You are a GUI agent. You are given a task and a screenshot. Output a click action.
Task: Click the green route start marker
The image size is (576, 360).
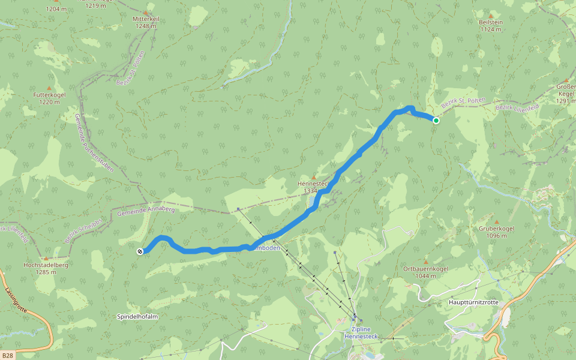click(x=436, y=121)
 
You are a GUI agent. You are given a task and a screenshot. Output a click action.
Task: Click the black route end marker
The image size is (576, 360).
click(x=140, y=251)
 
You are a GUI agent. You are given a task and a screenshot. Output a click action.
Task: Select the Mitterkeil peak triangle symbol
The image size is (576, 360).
click(x=146, y=13)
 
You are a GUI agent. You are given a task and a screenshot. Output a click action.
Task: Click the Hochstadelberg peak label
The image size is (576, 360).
click(x=46, y=268)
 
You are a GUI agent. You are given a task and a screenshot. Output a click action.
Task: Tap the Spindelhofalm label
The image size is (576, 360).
click(x=137, y=316)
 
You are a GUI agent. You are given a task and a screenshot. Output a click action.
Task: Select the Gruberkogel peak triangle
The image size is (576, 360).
click(x=496, y=222)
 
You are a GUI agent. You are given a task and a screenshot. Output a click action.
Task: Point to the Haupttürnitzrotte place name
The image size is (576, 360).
click(x=473, y=302)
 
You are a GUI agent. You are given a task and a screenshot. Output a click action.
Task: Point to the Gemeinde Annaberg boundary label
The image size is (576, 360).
click(x=146, y=211)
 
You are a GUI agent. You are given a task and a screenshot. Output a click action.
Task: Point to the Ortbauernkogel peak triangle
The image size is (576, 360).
click(x=425, y=262)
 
